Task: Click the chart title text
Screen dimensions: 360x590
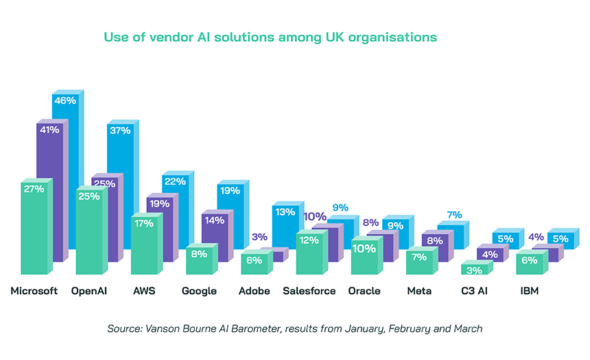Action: point(270,36)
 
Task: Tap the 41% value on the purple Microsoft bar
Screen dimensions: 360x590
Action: point(49,129)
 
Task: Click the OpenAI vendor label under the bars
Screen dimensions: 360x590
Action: point(89,291)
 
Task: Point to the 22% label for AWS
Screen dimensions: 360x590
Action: point(174,181)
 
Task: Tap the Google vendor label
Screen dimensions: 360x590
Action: point(199,291)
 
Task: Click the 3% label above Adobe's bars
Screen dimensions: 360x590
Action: point(259,237)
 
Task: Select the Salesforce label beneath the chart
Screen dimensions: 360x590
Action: point(309,291)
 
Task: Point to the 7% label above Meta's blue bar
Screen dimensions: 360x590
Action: point(454,215)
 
